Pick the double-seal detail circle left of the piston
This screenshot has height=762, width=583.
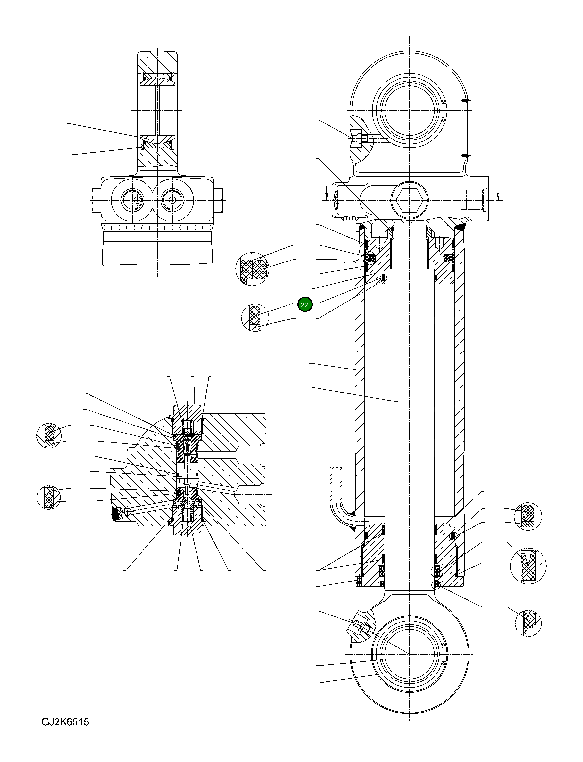pyautogui.click(x=253, y=269)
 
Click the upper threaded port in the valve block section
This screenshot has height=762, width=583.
pyautogui.click(x=251, y=455)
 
